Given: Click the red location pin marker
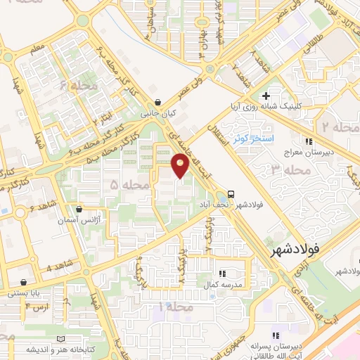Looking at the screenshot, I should [180, 165].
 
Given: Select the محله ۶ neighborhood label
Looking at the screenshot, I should [78, 86].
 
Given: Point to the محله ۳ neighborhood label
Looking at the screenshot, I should [290, 169].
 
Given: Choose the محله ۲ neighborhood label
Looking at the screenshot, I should [335, 127].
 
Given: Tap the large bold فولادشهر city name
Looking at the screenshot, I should [295, 249].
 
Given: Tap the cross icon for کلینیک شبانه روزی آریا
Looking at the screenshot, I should [265, 96].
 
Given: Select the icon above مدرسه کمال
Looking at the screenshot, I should [221, 274].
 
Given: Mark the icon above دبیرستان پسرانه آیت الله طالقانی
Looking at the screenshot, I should [276, 335].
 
